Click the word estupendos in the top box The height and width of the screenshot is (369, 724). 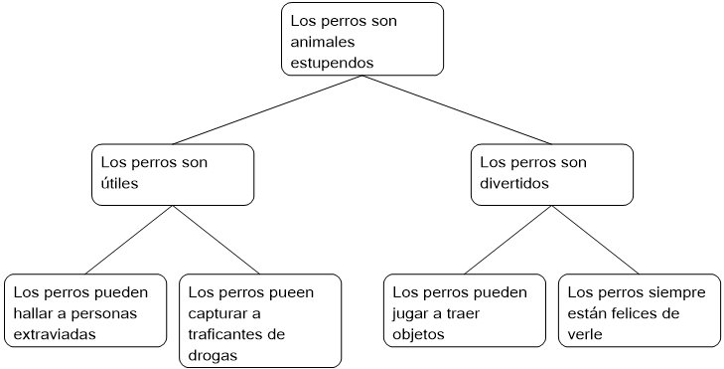tap(332, 62)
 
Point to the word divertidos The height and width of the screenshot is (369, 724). tap(514, 184)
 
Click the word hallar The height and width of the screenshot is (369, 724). tap(35, 313)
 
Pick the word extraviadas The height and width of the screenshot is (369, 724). tap(55, 334)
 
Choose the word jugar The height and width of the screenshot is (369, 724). tap(412, 313)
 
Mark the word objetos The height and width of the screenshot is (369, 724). tap(420, 334)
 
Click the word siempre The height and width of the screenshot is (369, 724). tap(677, 292)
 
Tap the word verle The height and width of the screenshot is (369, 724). tap(585, 334)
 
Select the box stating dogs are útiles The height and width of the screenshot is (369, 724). tap(173, 174)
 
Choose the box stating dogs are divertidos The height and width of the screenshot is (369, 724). tap(551, 174)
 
